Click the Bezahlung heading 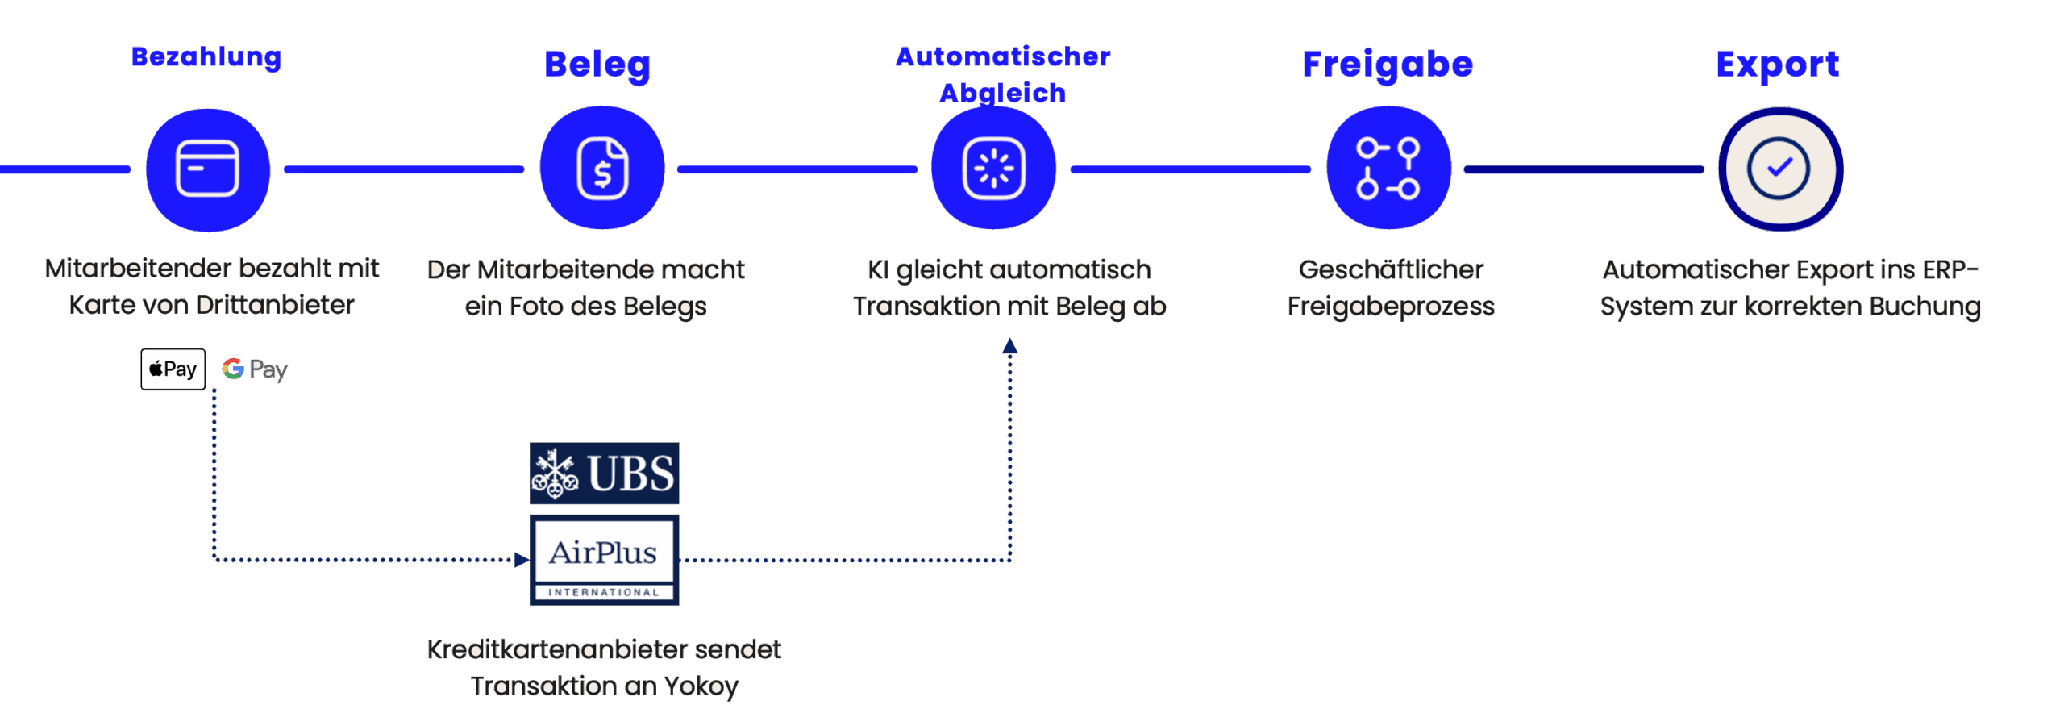(206, 57)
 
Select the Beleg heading (597, 65)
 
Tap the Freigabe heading (1388, 65)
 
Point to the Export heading (1778, 65)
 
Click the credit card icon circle (207, 169)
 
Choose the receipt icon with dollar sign (602, 169)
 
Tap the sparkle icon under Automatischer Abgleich (993, 169)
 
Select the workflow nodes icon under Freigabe (1388, 169)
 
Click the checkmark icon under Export (1779, 169)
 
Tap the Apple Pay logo (173, 369)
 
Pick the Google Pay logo (255, 369)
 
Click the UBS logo (604, 474)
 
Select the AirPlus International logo (604, 560)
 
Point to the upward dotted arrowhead (1009, 347)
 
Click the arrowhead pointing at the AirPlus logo (522, 560)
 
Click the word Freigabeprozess (1390, 307)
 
